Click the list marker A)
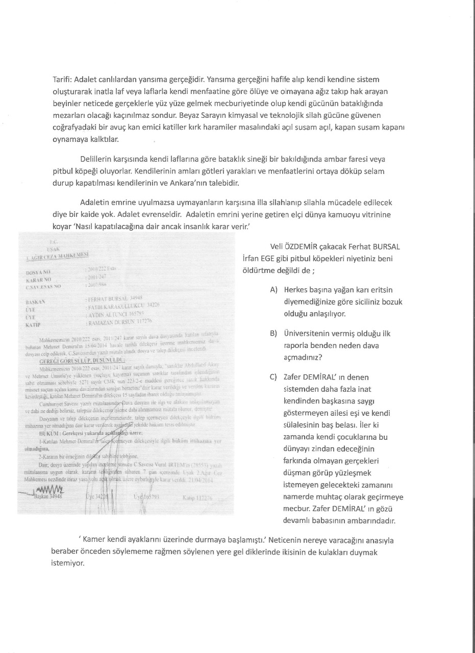[x=274, y=290]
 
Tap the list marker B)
[x=274, y=334]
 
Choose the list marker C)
[x=274, y=378]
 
